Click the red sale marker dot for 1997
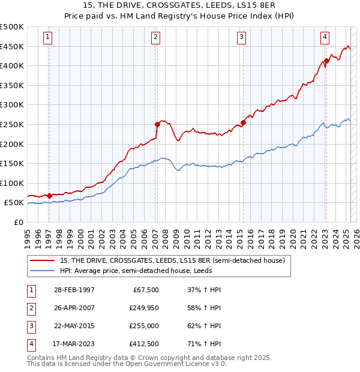tap(49, 195)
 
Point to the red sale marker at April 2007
tap(157, 124)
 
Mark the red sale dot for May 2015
tap(243, 122)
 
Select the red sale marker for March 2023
tap(326, 61)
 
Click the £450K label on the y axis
tap(13, 46)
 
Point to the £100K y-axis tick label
tap(13, 183)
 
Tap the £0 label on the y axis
tap(18, 222)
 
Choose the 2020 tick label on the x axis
tap(292, 238)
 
